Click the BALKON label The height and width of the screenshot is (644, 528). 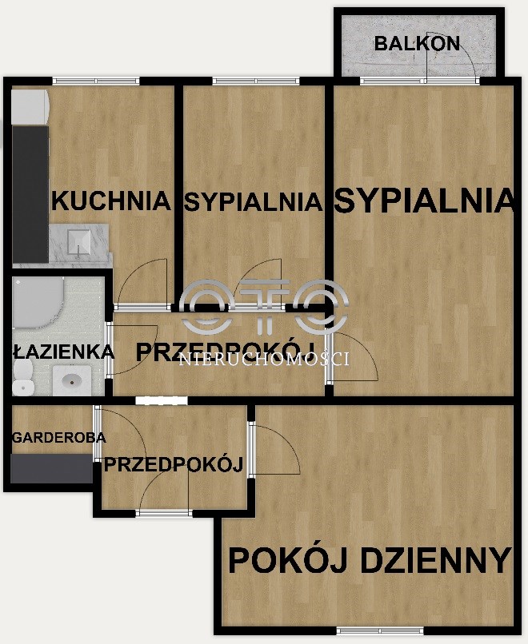pyautogui.click(x=417, y=43)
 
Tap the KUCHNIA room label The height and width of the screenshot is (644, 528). pyautogui.click(x=110, y=201)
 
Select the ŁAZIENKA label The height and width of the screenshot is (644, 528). pyautogui.click(x=63, y=352)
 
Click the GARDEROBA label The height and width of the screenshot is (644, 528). pyautogui.click(x=59, y=438)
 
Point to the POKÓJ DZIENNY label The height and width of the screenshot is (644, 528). pyautogui.click(x=370, y=561)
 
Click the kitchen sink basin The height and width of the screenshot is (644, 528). pyautogui.click(x=79, y=242)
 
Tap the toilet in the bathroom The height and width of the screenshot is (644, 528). pyautogui.click(x=22, y=378)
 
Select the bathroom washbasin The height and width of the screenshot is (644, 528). pyautogui.click(x=71, y=381)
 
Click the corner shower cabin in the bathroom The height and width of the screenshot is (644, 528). pyautogui.click(x=38, y=303)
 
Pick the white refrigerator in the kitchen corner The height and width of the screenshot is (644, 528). pyautogui.click(x=30, y=107)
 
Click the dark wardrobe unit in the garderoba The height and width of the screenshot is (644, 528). pyautogui.click(x=51, y=469)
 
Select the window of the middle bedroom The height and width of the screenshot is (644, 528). pyautogui.click(x=256, y=81)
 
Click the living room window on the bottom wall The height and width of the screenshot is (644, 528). pyautogui.click(x=380, y=630)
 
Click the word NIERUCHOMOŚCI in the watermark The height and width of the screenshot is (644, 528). pyautogui.click(x=265, y=360)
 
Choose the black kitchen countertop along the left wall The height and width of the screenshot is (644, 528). pyautogui.click(x=30, y=194)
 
